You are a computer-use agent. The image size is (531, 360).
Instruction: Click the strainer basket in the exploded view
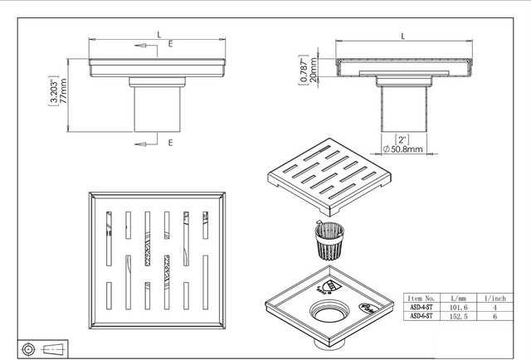(329, 241)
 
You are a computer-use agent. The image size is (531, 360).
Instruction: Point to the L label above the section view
(403, 36)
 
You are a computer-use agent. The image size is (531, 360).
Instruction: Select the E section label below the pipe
(171, 143)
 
